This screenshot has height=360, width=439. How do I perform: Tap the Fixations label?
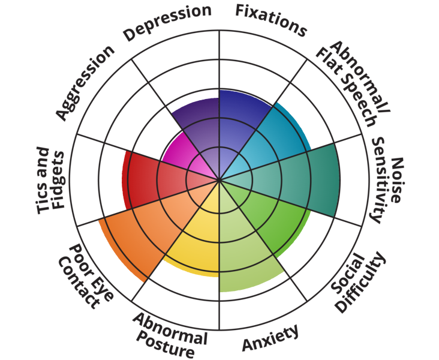[271, 20]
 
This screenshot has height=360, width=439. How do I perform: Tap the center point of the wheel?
[220, 179]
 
